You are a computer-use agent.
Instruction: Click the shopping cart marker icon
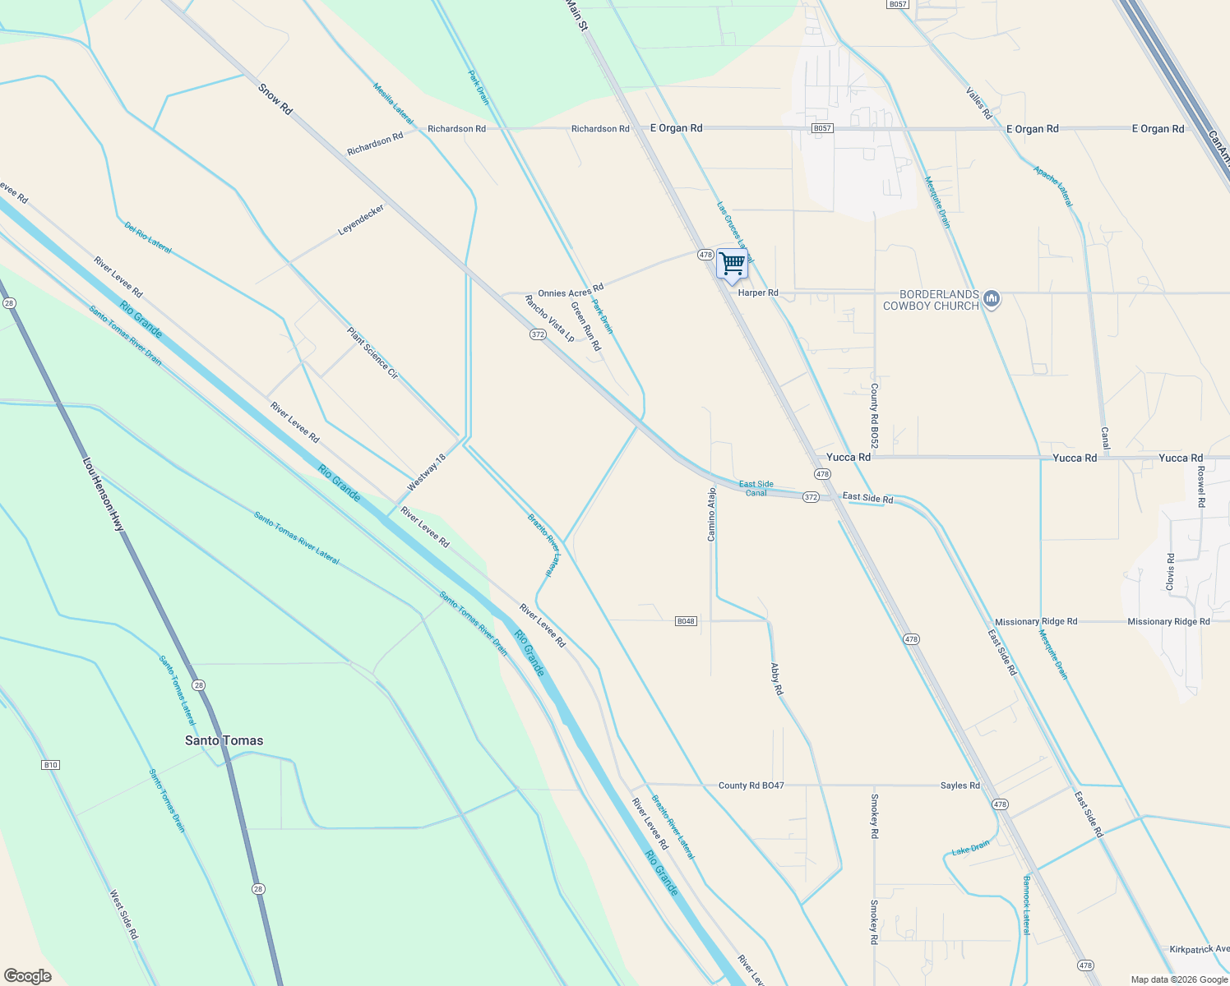[731, 264]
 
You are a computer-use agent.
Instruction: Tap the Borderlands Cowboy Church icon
[992, 298]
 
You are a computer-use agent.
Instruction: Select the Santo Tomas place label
[224, 740]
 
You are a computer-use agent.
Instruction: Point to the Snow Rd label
[275, 99]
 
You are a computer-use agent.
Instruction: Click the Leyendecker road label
[361, 219]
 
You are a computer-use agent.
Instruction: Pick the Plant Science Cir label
[372, 352]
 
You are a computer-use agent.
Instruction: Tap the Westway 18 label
[426, 472]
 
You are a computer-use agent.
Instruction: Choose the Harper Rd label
[758, 293]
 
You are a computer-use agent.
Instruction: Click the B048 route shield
[686, 621]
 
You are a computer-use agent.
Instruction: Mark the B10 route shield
[50, 765]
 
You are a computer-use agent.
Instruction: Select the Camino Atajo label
[712, 514]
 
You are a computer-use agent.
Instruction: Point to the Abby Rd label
[776, 680]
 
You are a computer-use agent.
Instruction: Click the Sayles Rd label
[959, 786]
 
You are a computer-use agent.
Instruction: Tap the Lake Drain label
[971, 849]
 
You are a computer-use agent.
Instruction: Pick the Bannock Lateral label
[1026, 905]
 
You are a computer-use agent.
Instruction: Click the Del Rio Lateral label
[148, 237]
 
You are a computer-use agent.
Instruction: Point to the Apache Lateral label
[1053, 186]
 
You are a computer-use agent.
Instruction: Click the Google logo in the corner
[27, 975]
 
